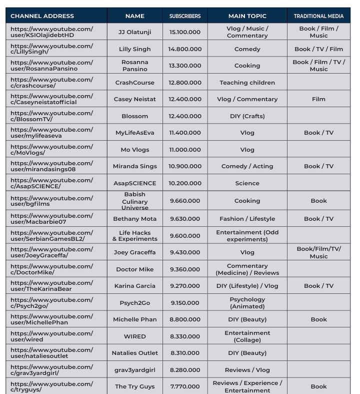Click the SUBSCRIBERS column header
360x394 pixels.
[x=185, y=16]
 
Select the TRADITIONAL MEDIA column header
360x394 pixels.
[x=318, y=16]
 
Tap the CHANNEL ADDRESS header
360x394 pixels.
[x=42, y=16]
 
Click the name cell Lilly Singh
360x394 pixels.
[x=134, y=49]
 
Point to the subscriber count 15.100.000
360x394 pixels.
[x=185, y=32]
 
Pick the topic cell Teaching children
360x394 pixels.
[x=247, y=83]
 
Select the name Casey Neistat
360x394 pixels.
[x=134, y=99]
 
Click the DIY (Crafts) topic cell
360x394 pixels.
[x=247, y=116]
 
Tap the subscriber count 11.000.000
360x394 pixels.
[x=185, y=150]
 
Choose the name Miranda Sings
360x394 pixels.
[x=134, y=166]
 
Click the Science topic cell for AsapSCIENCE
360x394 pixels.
[x=247, y=183]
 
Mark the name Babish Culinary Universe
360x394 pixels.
[x=134, y=201]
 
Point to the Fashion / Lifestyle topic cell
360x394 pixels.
[x=247, y=219]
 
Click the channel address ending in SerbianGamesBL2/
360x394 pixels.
[x=52, y=236]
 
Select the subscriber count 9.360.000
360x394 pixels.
[x=185, y=269]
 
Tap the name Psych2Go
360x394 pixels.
[x=134, y=303]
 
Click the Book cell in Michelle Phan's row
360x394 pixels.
[x=318, y=319]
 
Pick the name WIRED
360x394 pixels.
[x=134, y=336]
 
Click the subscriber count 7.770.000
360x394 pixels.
[x=185, y=386]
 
